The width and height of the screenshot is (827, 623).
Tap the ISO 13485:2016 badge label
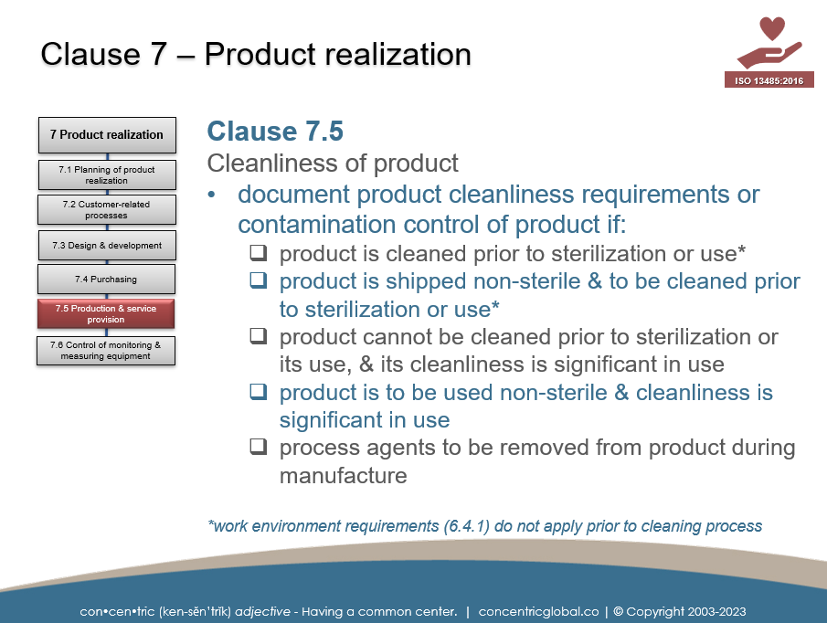click(769, 80)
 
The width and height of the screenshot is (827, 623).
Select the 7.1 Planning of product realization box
click(107, 175)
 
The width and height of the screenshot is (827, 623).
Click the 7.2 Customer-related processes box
click(107, 210)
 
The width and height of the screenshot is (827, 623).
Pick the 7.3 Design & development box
click(107, 245)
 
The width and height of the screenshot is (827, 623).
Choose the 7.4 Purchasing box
click(107, 280)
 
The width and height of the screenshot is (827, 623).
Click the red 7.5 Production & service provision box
click(106, 314)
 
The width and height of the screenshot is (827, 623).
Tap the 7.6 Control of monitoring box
click(106, 351)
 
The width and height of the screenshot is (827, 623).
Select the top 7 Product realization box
click(106, 134)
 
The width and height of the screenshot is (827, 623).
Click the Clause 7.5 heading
click(275, 132)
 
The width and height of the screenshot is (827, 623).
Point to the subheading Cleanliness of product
click(333, 164)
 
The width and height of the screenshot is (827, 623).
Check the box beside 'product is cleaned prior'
click(260, 253)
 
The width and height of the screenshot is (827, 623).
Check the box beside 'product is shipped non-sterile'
click(260, 281)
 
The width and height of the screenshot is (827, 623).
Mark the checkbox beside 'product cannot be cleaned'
click(260, 336)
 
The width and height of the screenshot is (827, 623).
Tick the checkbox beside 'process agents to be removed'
click(260, 448)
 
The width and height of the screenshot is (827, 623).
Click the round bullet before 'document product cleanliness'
click(212, 195)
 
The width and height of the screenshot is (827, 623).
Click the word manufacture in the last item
click(343, 476)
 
